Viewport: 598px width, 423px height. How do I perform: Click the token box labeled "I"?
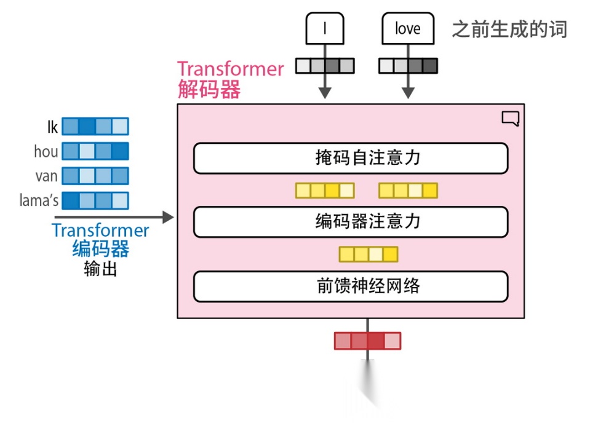point(325,28)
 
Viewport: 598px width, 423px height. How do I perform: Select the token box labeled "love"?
point(407,28)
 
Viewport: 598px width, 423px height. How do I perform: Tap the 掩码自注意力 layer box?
point(351,159)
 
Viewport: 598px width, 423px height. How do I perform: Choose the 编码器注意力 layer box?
point(351,222)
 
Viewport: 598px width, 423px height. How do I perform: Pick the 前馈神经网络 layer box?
point(351,287)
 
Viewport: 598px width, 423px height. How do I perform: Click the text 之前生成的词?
point(509,29)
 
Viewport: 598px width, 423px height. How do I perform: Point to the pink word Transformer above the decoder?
point(231,69)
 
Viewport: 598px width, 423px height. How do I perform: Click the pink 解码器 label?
point(209,90)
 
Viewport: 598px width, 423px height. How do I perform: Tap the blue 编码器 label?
point(101,250)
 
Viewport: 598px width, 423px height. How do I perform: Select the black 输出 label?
point(101,269)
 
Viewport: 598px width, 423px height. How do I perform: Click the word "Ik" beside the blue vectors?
point(52,127)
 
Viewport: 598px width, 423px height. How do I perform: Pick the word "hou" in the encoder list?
point(46,151)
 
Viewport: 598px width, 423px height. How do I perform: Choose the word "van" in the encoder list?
point(46,176)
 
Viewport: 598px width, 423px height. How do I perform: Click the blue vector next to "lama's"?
point(95,200)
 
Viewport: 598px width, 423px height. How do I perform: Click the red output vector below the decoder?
point(367,341)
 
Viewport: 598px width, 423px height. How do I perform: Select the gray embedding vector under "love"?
point(407,65)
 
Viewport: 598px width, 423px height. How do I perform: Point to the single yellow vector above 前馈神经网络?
point(369,254)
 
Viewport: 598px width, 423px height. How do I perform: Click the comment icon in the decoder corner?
point(510,118)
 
